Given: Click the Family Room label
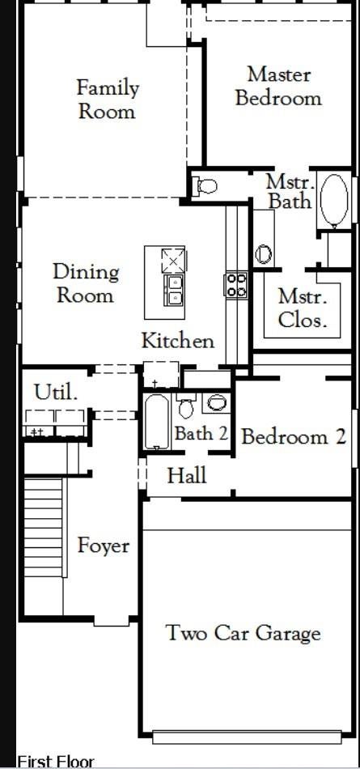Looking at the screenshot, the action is click(108, 100).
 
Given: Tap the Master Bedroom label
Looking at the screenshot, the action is click(278, 87).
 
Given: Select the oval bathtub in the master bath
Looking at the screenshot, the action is click(334, 200).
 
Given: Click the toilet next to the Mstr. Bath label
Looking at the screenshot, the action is click(206, 186).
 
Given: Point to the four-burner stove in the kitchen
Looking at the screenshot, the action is click(236, 285).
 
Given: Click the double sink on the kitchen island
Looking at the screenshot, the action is click(174, 291).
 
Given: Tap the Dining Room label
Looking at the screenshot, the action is click(86, 283).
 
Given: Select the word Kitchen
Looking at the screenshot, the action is click(178, 340).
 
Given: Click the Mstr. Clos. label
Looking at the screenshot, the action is click(303, 308).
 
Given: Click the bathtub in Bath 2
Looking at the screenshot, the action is click(157, 422).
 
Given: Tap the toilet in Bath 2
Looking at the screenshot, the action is click(186, 406).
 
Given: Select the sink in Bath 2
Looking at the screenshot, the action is click(216, 402).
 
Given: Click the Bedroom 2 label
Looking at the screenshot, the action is click(294, 436).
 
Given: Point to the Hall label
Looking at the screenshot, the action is click(187, 475).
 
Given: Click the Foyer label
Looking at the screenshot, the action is click(104, 546).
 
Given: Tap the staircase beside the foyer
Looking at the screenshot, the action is click(44, 526).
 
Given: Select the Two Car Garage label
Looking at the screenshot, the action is click(244, 634).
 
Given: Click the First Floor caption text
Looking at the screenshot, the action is click(56, 762).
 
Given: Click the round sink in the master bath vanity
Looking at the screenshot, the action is click(263, 254).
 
